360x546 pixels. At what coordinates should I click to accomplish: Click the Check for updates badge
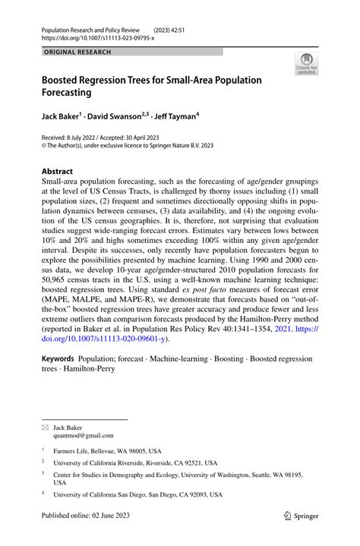tap(308, 64)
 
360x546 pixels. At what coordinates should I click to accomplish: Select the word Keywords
tap(62, 356)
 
